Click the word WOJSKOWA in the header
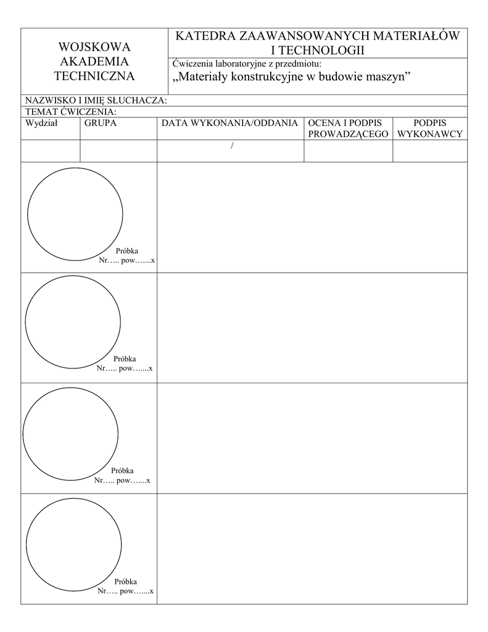coord(94,47)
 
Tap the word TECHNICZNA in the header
coord(94,77)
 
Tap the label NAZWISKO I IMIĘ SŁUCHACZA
coord(96,101)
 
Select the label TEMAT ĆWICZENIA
coord(70,112)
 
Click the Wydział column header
coord(41,123)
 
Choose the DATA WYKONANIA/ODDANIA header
coord(230,123)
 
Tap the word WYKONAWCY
coord(430,133)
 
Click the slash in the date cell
coord(232,145)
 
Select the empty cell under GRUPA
coord(118,151)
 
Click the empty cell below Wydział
coord(51,151)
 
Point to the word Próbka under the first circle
coord(127,251)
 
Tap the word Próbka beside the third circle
coord(122,470)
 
